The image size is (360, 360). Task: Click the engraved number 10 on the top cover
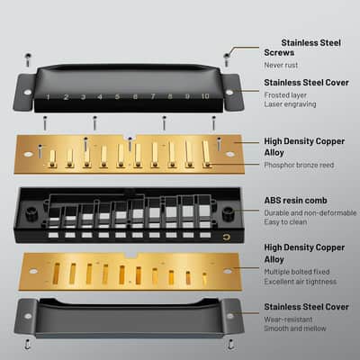[205, 96]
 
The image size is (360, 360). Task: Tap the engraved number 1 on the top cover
[48, 97]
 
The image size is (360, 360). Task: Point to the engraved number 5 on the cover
[117, 96]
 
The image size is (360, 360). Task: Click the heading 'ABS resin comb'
[295, 201]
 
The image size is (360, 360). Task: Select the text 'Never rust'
[281, 65]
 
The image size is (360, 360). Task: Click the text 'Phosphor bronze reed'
[299, 165]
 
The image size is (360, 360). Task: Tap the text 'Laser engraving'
[290, 104]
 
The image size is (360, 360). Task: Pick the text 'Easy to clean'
[285, 222]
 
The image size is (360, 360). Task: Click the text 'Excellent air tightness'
[301, 282]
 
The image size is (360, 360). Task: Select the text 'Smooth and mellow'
[295, 328]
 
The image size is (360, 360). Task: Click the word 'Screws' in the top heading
[279, 52]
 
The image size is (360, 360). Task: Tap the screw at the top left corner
[28, 59]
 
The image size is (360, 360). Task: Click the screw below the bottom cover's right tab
[230, 344]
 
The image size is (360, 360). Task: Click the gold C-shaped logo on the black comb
[226, 238]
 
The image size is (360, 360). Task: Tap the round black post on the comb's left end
[31, 213]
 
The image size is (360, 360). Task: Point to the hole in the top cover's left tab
[28, 92]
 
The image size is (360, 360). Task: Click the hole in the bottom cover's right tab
[230, 316]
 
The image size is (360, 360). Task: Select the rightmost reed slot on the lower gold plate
[204, 278]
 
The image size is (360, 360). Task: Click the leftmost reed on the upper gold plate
[52, 158]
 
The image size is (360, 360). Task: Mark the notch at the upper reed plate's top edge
[130, 137]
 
